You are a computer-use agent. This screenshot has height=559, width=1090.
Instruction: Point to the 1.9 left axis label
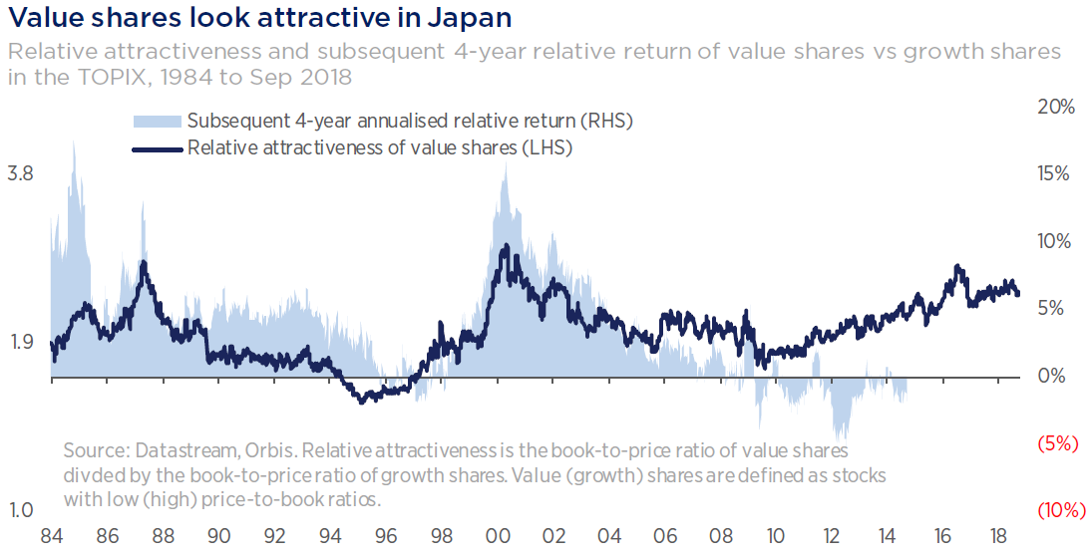20,343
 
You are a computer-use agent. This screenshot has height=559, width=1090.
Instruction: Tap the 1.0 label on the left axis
20,511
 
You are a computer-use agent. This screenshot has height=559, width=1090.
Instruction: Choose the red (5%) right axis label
1058,443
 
